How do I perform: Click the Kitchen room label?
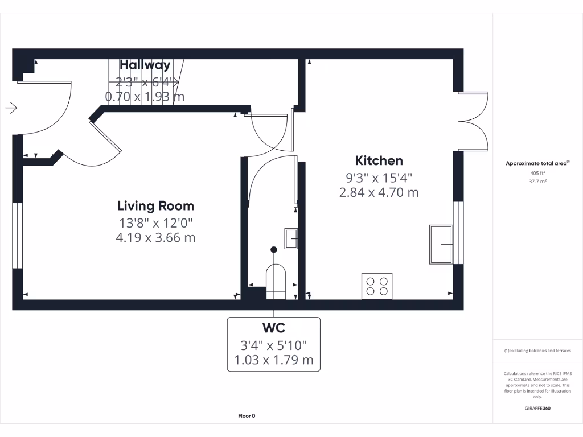point(379,160)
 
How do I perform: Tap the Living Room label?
point(155,205)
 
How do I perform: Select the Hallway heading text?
point(145,65)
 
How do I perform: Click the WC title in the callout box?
point(273,328)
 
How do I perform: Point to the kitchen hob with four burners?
point(377,286)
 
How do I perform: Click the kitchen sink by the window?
point(441,244)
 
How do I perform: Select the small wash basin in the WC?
point(291,238)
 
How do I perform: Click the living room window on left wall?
point(18,234)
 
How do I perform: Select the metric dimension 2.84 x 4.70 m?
point(379,192)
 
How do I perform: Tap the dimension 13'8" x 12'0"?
point(155,222)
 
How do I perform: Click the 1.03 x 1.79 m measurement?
point(273,360)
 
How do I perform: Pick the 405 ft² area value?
point(537,172)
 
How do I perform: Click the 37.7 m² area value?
point(537,182)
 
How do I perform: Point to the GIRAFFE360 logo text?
point(537,408)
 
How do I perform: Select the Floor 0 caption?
point(247,416)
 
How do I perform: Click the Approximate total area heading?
point(537,163)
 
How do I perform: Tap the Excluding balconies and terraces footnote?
point(537,351)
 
